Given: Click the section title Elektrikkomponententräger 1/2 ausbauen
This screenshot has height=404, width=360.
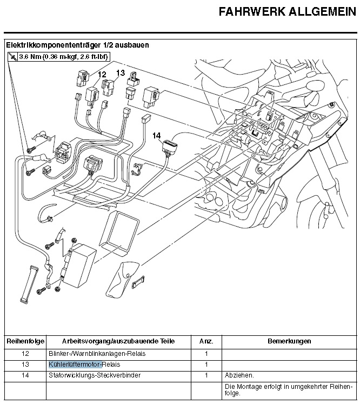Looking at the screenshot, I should coord(77,45).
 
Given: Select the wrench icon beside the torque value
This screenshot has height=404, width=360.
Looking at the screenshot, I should coord(12,56).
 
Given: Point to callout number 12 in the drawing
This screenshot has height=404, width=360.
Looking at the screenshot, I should coord(102,74).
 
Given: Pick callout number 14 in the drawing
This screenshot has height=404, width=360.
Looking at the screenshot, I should coord(156,135).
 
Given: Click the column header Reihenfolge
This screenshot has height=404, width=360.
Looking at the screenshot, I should coord(24,341).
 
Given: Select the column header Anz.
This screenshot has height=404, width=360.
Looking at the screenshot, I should coord(206,341).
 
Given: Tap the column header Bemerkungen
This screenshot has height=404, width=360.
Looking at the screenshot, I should coord(289,341).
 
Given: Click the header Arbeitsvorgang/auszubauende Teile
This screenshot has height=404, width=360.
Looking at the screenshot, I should coord(119,341).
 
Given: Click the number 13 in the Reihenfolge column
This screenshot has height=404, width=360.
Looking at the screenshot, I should coord(25,364).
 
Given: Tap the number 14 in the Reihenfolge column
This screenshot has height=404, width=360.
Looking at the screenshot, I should coord(25,375).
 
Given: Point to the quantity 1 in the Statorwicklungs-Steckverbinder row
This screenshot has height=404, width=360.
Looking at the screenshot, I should coord(206,375).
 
